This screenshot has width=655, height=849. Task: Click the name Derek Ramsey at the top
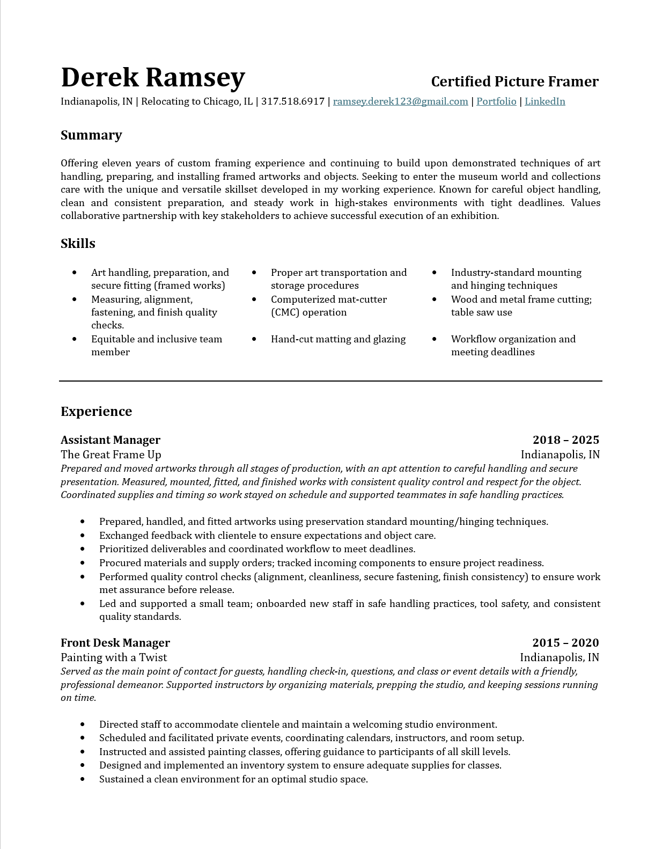153,77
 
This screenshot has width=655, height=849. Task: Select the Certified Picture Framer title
514,82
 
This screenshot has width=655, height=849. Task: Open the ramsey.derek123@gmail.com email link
400,101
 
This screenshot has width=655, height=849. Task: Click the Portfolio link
496,101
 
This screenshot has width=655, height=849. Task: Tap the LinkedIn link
544,101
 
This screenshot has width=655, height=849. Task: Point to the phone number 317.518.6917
292,101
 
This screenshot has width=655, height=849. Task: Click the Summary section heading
91,135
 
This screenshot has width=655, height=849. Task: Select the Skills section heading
78,244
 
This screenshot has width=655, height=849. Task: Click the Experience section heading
96,412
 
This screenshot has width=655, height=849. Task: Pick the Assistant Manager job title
111,440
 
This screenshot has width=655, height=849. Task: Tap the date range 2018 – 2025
565,440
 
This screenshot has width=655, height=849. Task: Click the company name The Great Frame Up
111,455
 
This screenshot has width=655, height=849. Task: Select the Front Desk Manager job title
115,643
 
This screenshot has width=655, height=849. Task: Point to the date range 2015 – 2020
565,643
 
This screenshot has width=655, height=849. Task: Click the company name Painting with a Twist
114,657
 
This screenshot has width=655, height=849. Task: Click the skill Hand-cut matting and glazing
338,339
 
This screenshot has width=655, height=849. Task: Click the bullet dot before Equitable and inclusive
75,339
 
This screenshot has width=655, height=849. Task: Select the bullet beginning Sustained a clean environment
233,779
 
